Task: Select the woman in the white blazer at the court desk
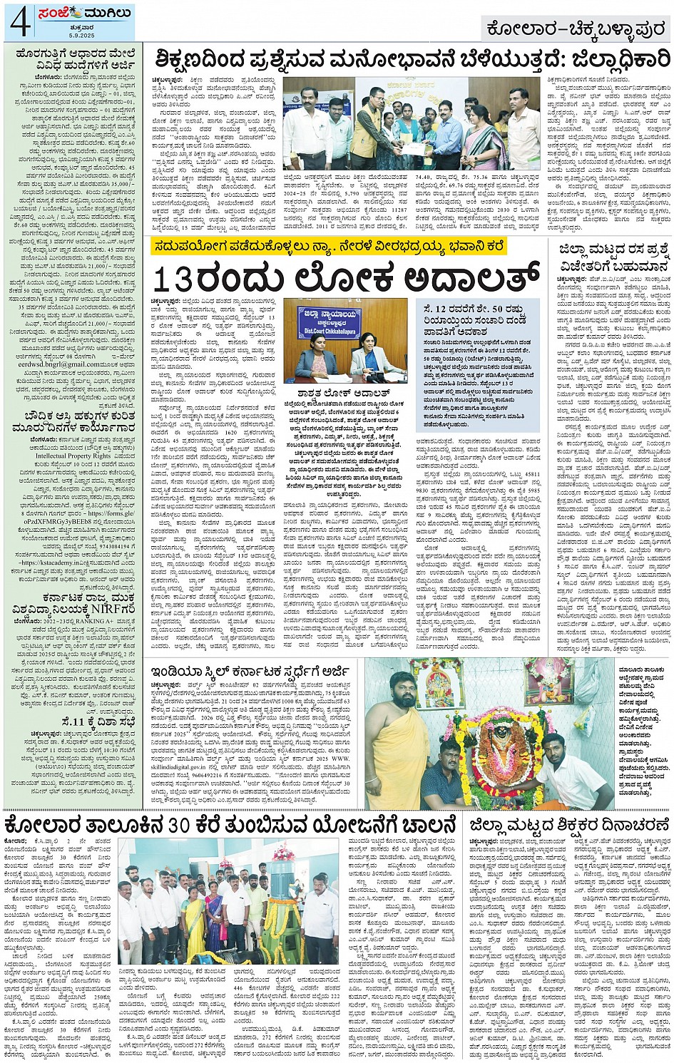click(x=371, y=356)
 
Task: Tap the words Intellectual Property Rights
click(x=73, y=456)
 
